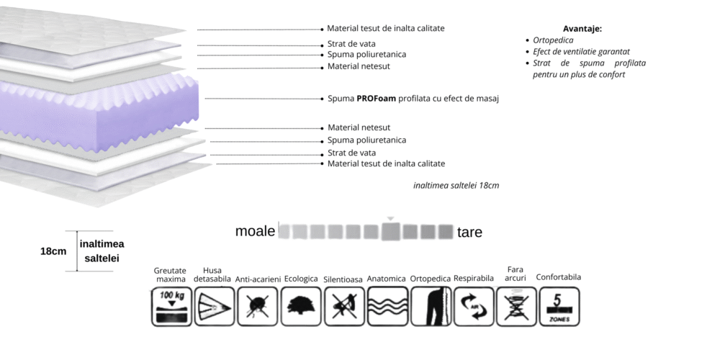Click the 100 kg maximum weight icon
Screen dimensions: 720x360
(172, 307)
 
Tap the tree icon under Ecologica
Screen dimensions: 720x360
(301, 307)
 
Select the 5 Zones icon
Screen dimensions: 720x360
(559, 307)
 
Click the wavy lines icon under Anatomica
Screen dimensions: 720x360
(387, 307)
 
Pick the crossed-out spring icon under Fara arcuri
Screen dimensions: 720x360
(516, 307)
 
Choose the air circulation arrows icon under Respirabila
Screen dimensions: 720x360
(474, 307)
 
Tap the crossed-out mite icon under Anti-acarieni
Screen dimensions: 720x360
(258, 307)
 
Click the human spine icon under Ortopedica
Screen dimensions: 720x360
(431, 307)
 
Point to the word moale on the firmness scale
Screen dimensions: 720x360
(255, 231)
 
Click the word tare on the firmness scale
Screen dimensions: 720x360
(469, 233)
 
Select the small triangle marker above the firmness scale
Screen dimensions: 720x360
(390, 218)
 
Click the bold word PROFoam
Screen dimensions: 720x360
(376, 99)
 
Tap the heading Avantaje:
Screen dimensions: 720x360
(582, 29)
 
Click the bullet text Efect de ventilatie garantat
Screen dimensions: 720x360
(581, 52)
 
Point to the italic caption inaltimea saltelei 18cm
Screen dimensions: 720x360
(456, 186)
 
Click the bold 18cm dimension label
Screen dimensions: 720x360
(53, 251)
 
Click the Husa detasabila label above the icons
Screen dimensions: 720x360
(214, 274)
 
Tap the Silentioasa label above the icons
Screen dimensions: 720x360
(343, 279)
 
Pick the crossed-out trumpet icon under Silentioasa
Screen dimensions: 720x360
(344, 307)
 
